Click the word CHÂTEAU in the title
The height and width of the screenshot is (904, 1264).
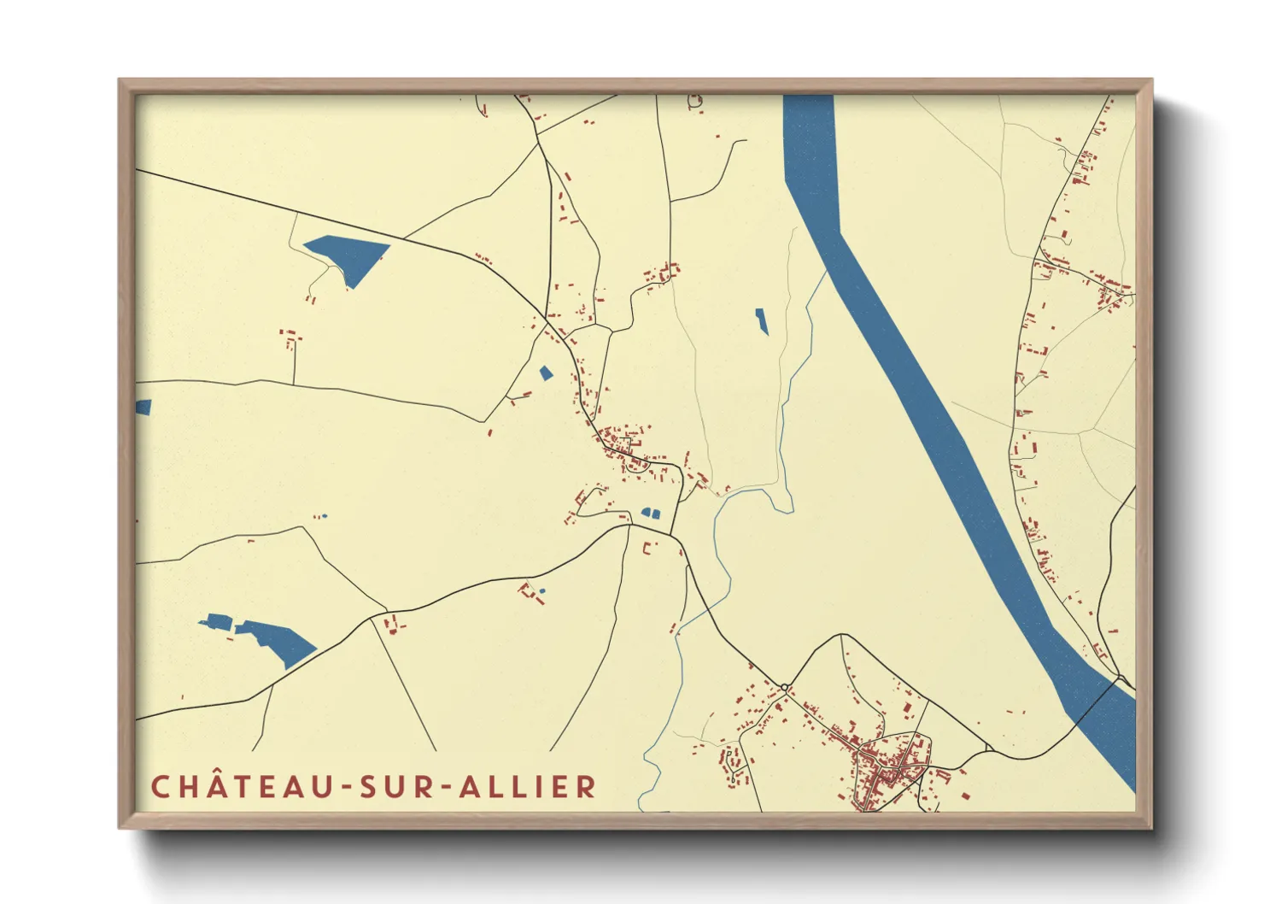[241, 786]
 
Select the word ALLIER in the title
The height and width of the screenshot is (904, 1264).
[527, 786]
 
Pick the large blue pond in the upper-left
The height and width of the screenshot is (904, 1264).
[348, 254]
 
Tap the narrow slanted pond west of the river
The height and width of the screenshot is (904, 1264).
[761, 321]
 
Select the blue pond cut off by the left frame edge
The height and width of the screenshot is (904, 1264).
[143, 408]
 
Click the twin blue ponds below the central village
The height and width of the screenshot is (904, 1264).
[651, 514]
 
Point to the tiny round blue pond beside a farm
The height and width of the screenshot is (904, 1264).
[542, 590]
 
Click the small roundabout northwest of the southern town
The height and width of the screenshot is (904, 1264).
[784, 687]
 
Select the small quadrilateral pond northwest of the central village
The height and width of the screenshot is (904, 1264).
[546, 373]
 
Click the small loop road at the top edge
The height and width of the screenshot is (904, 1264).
[694, 102]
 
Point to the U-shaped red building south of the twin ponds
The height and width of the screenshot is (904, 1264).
[647, 548]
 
